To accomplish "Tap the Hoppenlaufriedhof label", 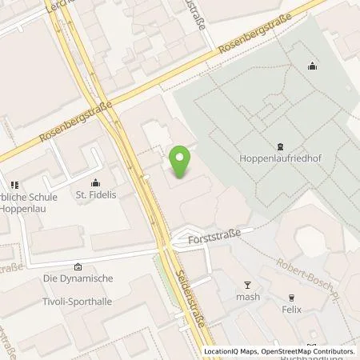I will pos(279,158).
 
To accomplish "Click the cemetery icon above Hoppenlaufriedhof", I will pos(280,146).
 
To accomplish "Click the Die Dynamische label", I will pos(78,278).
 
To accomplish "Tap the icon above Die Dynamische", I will pos(78,266).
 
